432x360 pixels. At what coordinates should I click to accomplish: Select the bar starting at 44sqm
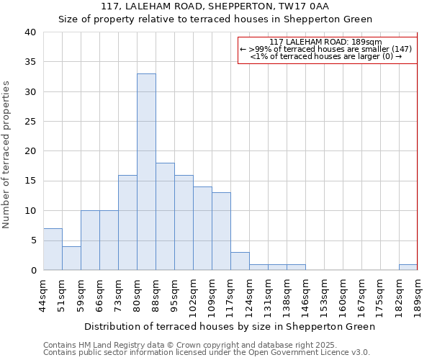pyautogui.click(x=53, y=249)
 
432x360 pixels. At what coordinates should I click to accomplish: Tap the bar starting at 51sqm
pyautogui.click(x=71, y=258)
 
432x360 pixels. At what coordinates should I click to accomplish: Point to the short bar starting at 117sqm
pyautogui.click(x=240, y=261)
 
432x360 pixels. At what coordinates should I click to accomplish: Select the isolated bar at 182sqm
pyautogui.click(x=408, y=267)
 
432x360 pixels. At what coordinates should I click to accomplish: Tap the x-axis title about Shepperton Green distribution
pyautogui.click(x=230, y=326)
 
